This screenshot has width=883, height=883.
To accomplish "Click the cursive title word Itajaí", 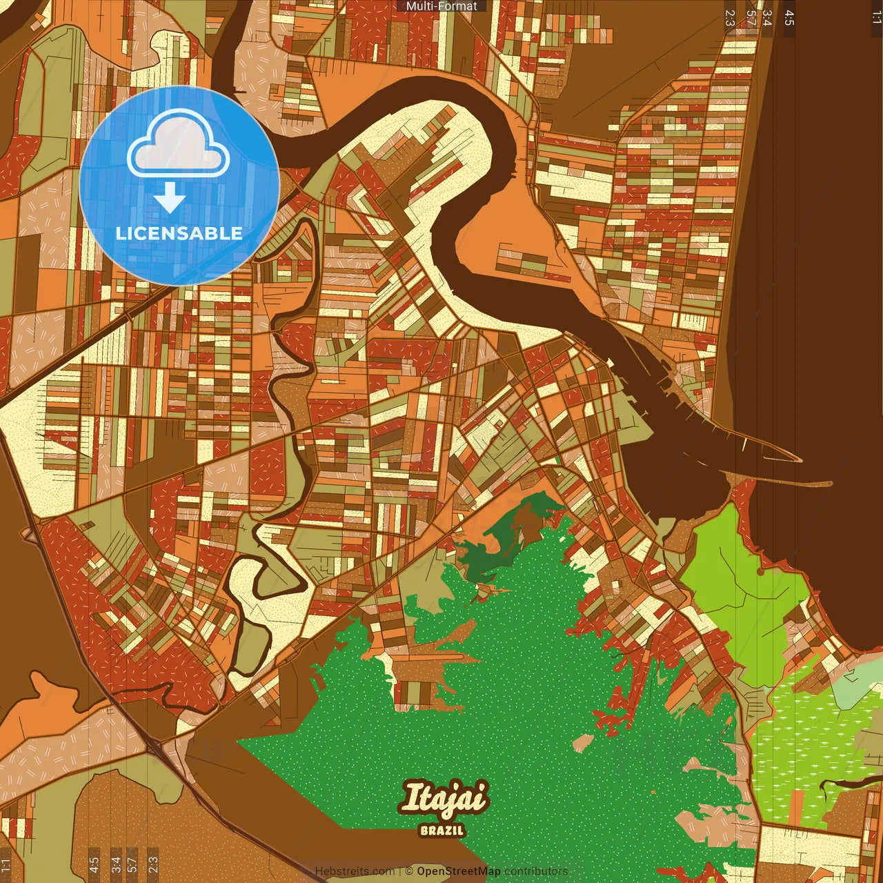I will [x=444, y=799].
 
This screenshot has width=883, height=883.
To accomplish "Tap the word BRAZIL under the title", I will [x=442, y=830].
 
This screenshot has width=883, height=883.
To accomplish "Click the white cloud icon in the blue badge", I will [x=178, y=146].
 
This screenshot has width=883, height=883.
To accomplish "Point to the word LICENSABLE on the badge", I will [x=179, y=233].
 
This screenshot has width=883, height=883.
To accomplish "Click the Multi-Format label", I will [x=441, y=6].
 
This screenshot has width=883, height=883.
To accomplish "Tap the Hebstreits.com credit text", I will [x=355, y=871].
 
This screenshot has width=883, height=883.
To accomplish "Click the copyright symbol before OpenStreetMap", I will [x=409, y=871].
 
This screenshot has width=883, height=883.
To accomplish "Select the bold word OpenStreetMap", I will [x=458, y=871].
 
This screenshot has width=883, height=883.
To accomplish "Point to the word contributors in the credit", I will [x=536, y=871].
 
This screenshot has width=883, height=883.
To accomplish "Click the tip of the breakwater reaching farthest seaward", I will [x=831, y=482].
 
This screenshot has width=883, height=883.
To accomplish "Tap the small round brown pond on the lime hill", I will [x=761, y=571].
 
